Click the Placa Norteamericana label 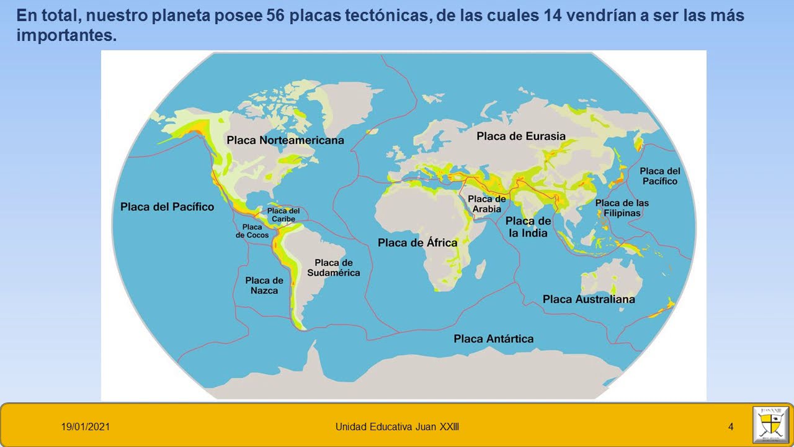point(285,140)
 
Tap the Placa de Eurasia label point(521,136)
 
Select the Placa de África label point(417,242)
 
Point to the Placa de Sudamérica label point(333,268)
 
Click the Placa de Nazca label point(264,285)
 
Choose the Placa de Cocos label point(252,231)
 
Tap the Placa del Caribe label point(283,215)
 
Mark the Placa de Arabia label point(487,204)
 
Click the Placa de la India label point(528,227)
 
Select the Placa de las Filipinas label point(622,208)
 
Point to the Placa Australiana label point(589,299)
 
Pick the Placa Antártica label point(493,338)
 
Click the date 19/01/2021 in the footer point(86,427)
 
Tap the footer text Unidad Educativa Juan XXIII point(397,427)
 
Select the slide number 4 point(731,427)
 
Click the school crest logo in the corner point(770,425)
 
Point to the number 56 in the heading point(277,15)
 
